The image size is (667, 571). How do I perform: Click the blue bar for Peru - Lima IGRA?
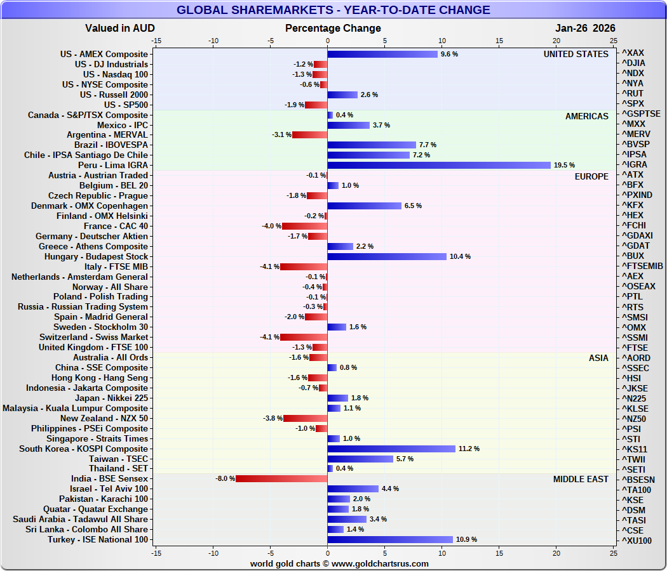tap(439, 165)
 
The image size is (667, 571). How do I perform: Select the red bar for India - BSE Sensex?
tap(281, 478)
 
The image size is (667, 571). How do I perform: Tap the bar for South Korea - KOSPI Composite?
tap(391, 449)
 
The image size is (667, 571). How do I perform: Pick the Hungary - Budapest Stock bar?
tap(387, 256)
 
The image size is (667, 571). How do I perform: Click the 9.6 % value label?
tap(449, 55)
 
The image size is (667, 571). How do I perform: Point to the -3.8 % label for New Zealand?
tap(273, 418)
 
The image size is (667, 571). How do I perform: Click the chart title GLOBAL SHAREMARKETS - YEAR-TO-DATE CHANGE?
tap(333, 10)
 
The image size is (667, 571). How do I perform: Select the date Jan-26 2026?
tap(585, 29)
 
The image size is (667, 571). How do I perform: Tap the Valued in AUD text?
tap(119, 29)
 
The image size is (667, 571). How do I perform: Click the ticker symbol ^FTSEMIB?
tap(642, 266)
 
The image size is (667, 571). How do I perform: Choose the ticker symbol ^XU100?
tap(636, 541)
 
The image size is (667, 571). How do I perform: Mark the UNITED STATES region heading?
tap(576, 55)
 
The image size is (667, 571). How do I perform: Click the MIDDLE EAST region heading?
tap(581, 479)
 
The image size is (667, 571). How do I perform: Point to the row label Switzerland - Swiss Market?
tap(93, 338)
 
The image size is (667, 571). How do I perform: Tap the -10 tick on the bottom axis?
tap(213, 553)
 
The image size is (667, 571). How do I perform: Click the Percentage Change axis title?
tap(333, 29)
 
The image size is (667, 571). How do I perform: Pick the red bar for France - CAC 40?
tap(304, 226)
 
